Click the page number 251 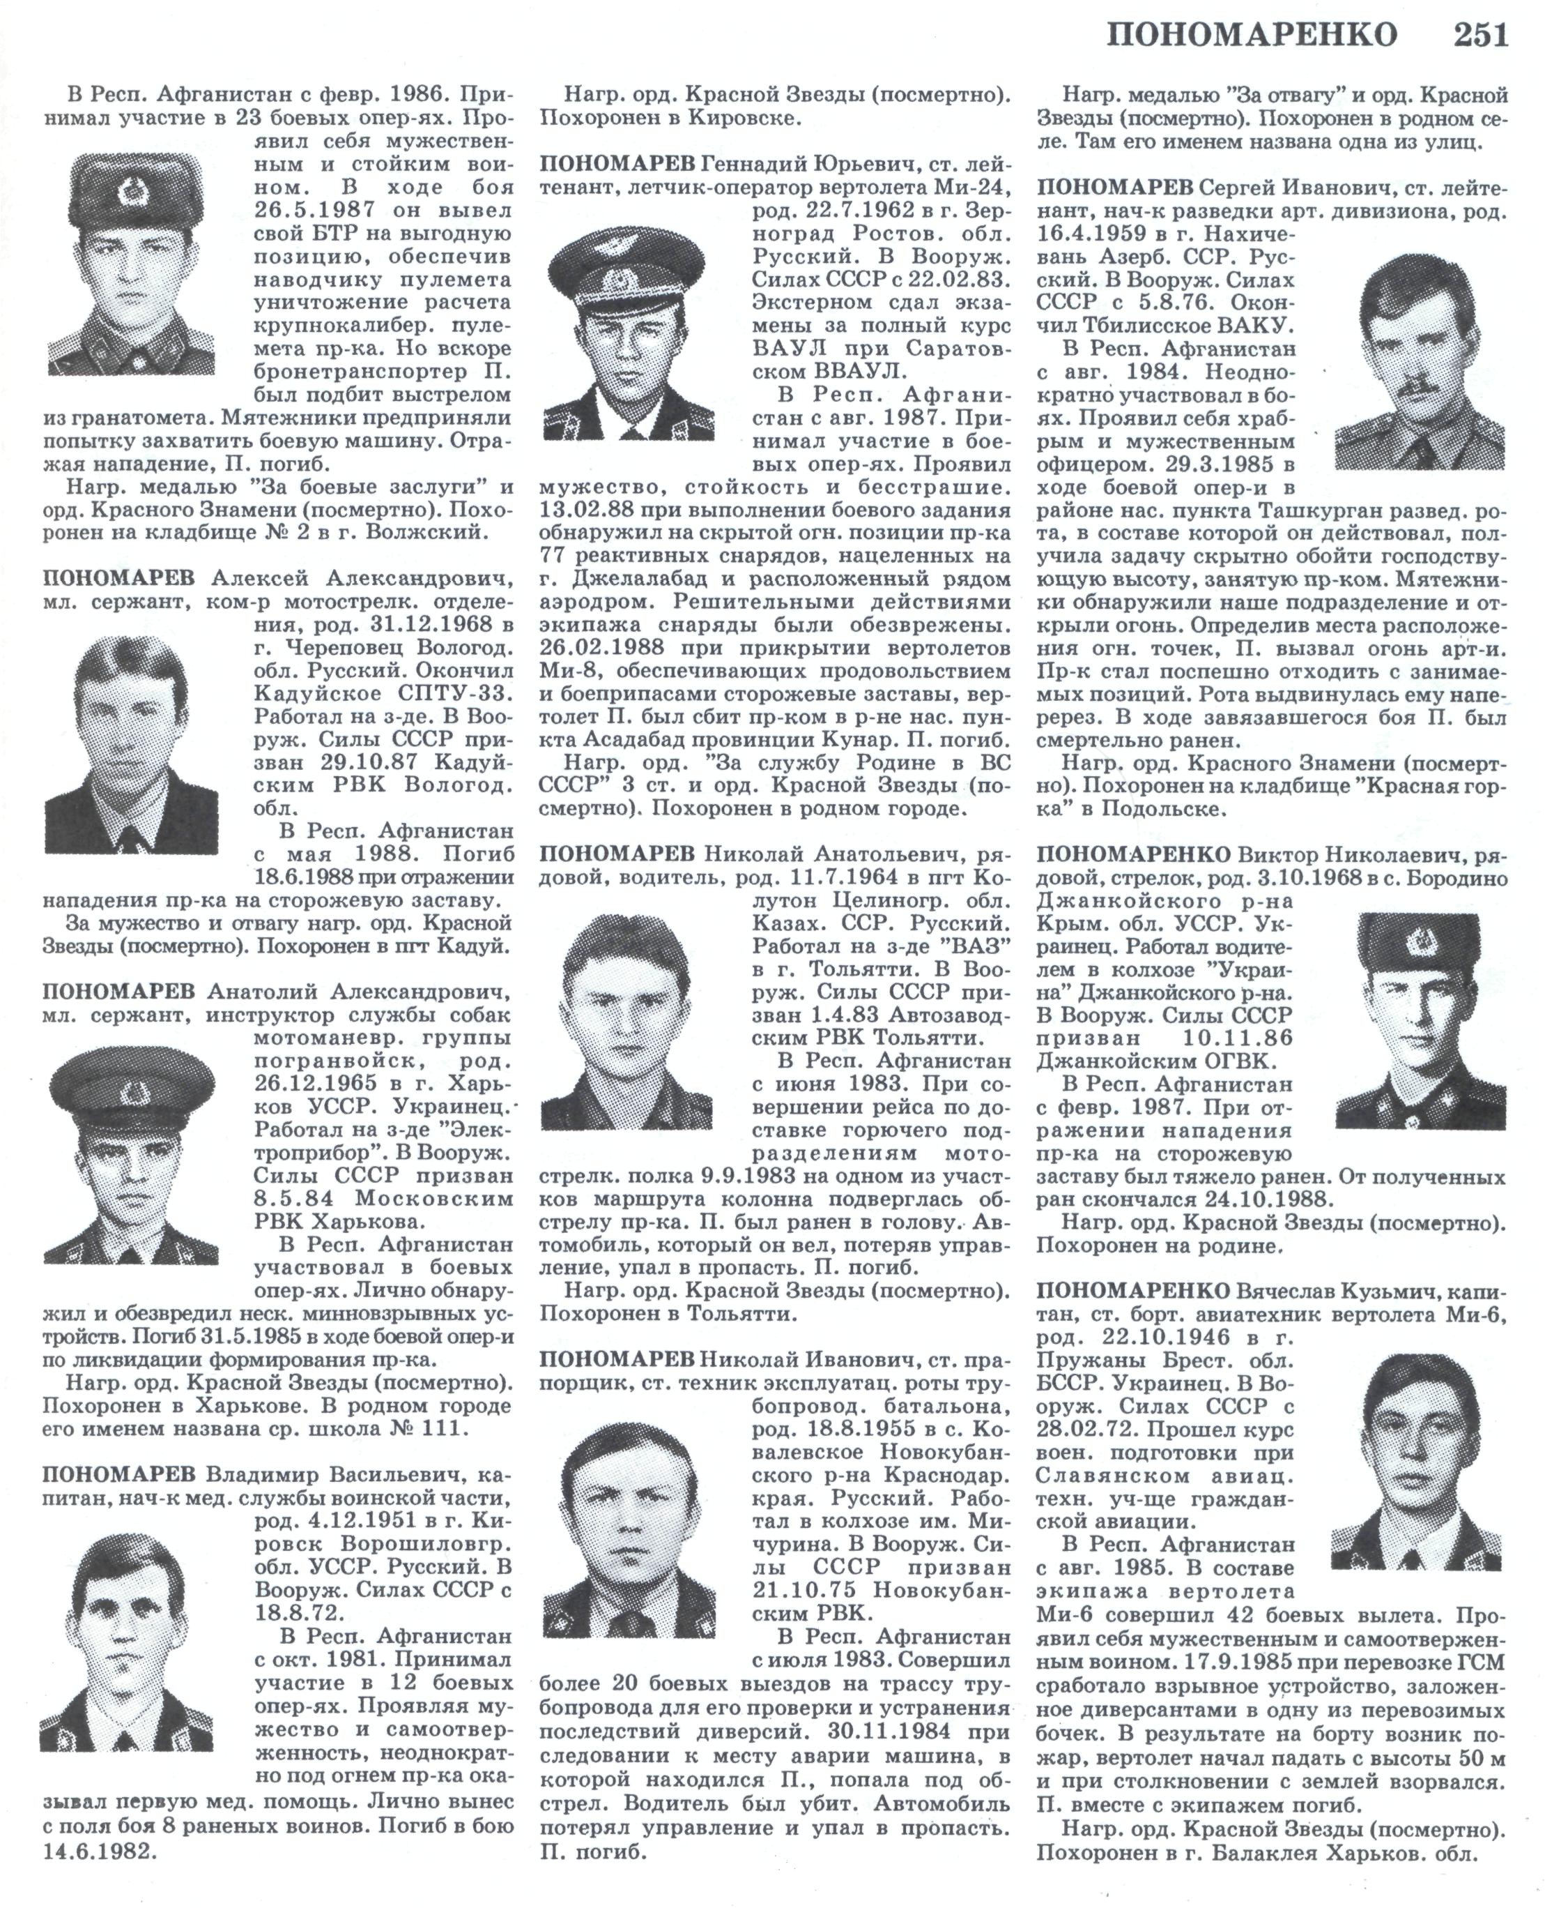pyautogui.click(x=1481, y=35)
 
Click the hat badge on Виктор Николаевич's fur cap pyautogui.click(x=1422, y=941)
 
